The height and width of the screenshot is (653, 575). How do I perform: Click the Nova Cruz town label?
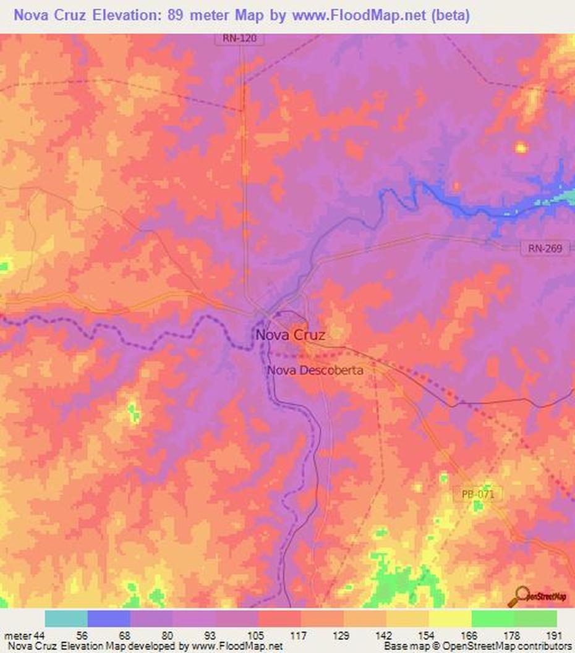290,335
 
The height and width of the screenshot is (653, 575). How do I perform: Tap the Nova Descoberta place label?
315,370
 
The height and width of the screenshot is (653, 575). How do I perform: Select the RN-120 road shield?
240,38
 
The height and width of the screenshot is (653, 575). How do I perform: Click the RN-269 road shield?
545,248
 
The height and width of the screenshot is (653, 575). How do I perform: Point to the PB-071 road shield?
482,495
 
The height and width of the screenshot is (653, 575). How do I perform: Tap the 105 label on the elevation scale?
258,636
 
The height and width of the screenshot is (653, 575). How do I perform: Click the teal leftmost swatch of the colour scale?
66,619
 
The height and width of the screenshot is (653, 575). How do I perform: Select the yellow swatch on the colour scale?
450,619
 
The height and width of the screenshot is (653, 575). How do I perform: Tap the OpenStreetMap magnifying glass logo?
518,596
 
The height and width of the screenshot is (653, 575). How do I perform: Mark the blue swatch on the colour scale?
109,619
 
